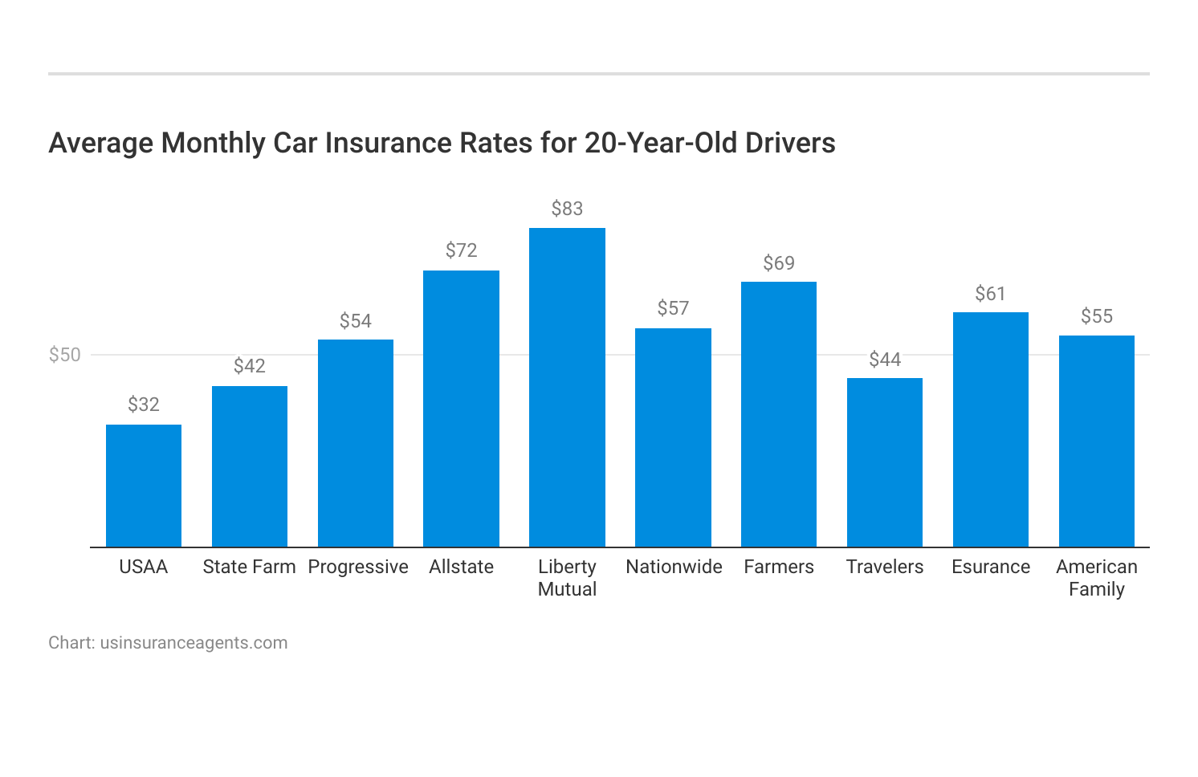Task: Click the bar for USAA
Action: point(144,486)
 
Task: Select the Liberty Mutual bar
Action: point(567,388)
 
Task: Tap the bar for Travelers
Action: point(885,462)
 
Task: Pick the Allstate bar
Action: point(461,409)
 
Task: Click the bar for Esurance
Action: point(990,429)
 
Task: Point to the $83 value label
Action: point(567,209)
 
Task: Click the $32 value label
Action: point(144,405)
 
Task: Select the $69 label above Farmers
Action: point(779,263)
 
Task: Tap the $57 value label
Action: point(673,308)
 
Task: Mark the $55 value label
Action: point(1096,316)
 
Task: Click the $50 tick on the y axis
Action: point(65,355)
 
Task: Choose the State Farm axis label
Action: point(249,567)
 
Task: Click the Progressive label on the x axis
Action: point(358,567)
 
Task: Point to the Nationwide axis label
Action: point(674,567)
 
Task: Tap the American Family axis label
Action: point(1096,578)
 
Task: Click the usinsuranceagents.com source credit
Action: point(194,643)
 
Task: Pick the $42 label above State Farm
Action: point(249,366)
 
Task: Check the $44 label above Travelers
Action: point(885,360)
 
